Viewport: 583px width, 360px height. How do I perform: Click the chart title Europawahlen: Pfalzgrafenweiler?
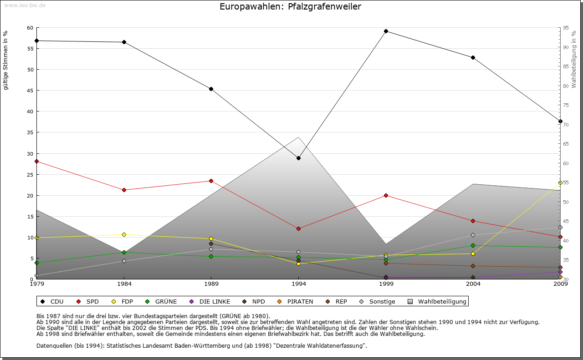(290, 7)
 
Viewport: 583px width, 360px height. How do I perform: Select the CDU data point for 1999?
(386, 31)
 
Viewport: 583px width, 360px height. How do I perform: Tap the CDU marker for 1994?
(298, 158)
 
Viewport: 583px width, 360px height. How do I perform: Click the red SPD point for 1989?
(211, 181)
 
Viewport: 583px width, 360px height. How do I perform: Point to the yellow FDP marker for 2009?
(560, 183)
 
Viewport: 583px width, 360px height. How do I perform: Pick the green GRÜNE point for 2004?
(473, 245)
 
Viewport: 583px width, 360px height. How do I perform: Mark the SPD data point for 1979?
(36, 161)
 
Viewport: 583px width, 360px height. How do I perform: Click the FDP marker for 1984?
(124, 234)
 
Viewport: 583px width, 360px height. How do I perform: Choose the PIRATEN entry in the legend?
(296, 301)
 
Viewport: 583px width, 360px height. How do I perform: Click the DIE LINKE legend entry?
(210, 301)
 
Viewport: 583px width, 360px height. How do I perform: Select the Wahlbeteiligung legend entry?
(437, 301)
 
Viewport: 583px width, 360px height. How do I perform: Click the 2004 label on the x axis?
(473, 284)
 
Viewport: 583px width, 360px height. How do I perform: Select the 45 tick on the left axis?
(30, 91)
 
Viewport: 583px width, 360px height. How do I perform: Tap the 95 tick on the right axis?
(565, 28)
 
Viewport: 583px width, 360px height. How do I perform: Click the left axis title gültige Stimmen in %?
(6, 60)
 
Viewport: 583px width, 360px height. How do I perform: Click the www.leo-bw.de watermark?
(25, 5)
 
